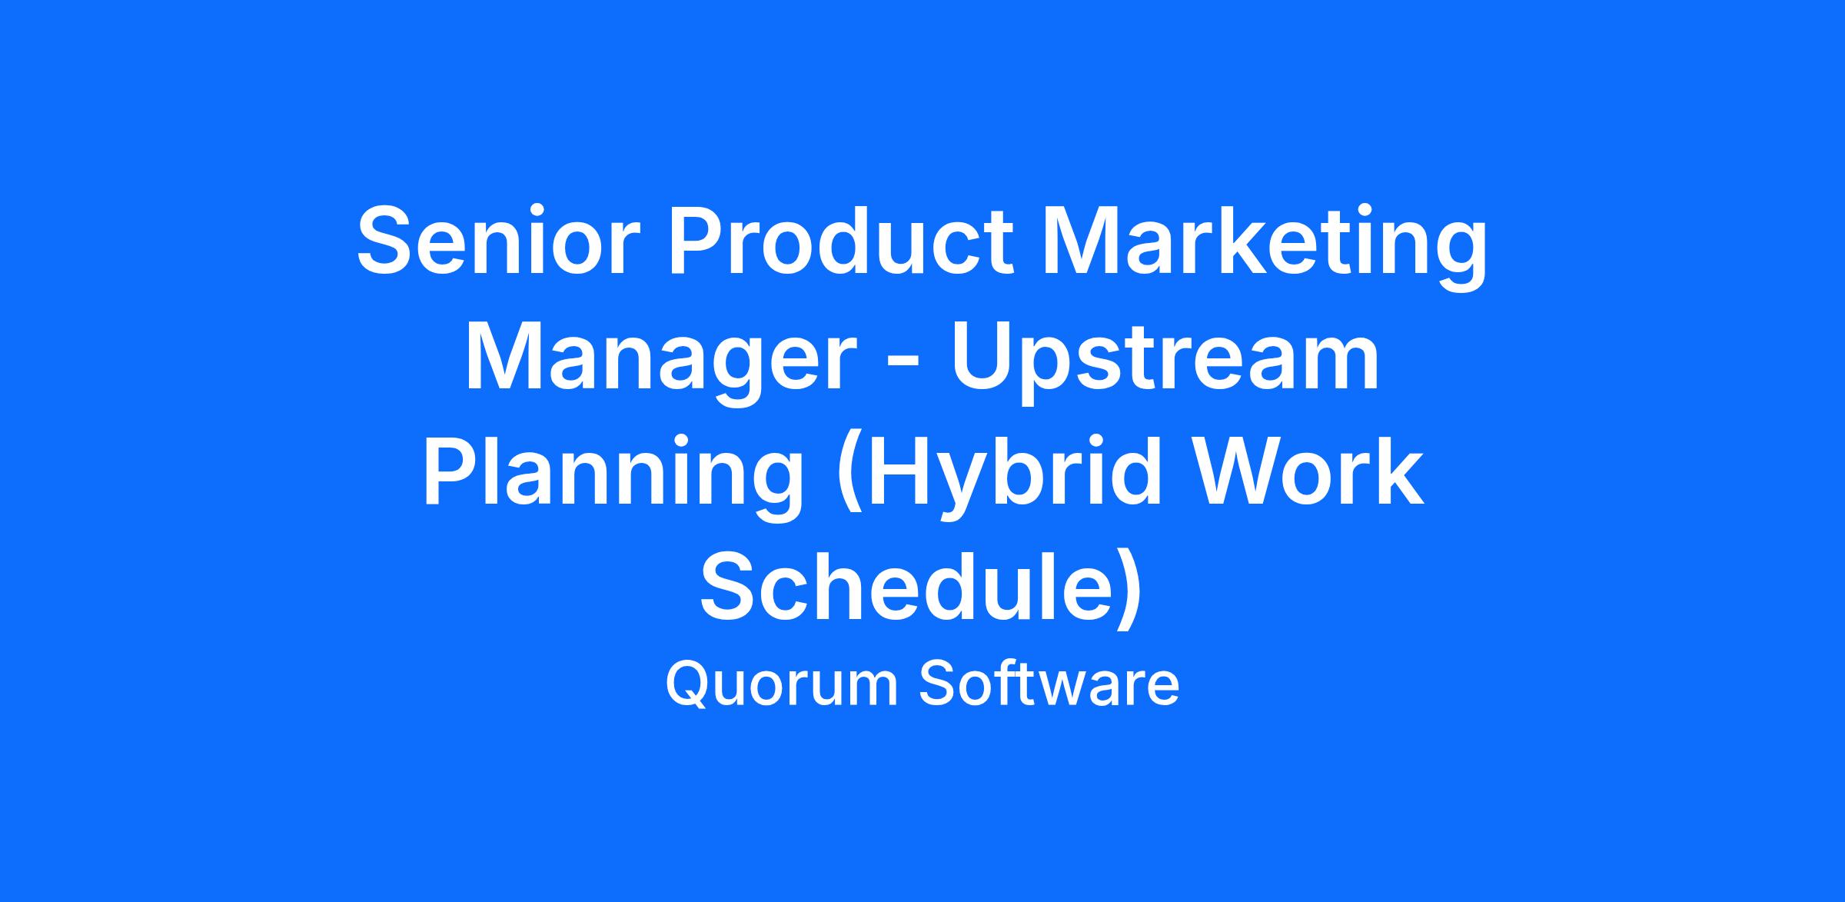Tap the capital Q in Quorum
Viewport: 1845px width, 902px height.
point(688,684)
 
